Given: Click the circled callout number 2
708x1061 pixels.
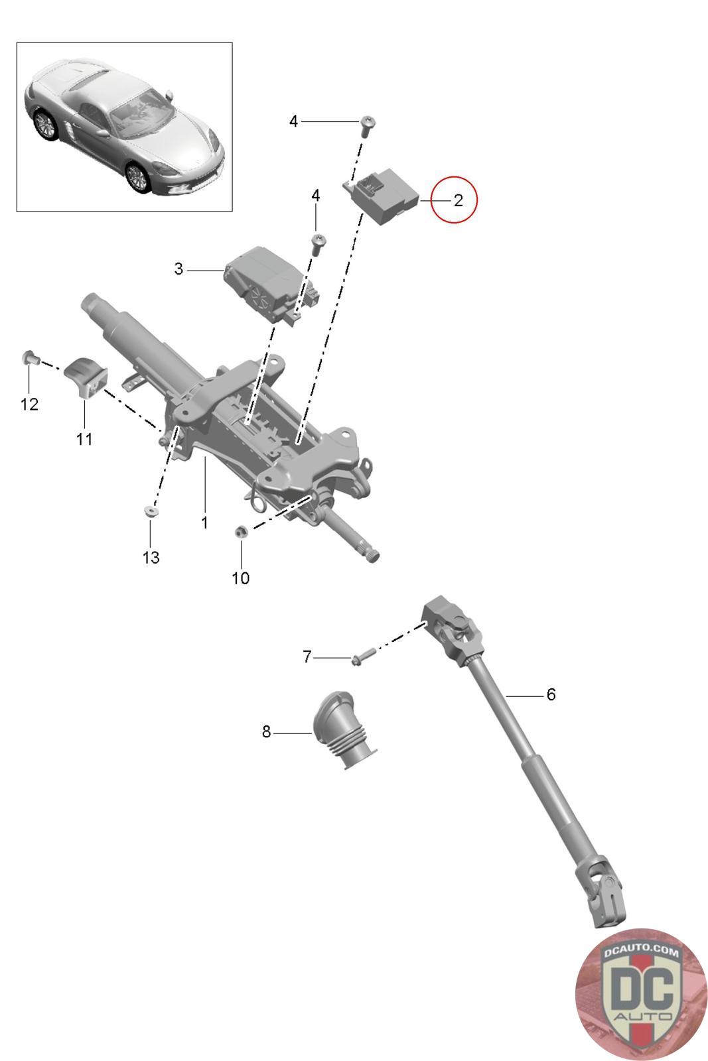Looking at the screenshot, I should coord(458,200).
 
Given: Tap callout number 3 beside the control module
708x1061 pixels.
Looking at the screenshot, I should coord(178,269).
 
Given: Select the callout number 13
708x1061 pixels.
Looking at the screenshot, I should coord(151,557).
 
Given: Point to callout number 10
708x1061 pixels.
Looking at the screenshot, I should coord(240,578).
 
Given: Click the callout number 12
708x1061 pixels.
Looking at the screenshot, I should coord(30,404).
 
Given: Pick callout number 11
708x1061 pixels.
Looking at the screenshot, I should coord(84,439).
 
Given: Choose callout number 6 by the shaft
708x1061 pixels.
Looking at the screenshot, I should coord(551,695).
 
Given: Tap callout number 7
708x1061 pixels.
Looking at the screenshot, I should coord(307,657).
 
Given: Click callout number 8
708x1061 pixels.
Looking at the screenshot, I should coord(266,732).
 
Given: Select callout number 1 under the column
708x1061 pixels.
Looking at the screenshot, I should coord(204,523).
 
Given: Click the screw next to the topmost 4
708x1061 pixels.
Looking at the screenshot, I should coord(367,124).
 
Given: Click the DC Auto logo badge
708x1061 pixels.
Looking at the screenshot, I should coord(640,995).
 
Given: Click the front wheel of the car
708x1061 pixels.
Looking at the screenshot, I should coord(138,177).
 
